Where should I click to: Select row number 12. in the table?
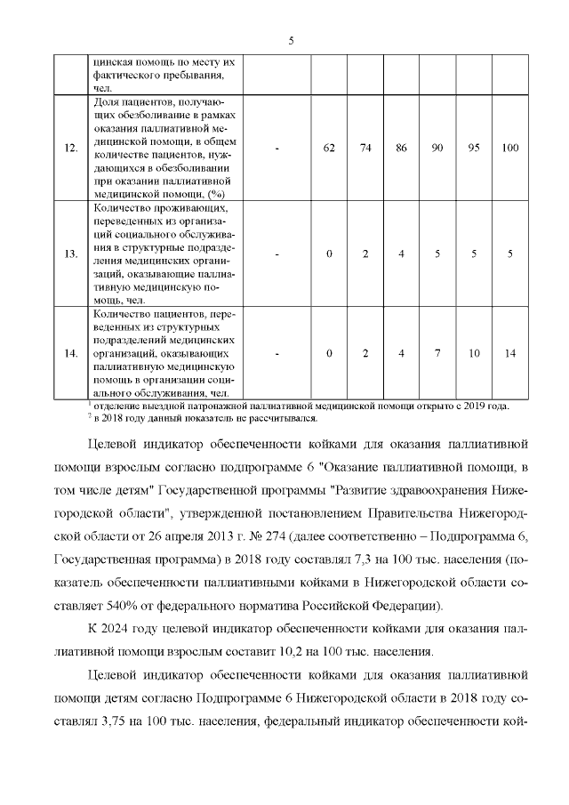71,148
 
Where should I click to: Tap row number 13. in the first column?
71,254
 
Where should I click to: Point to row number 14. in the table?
71,354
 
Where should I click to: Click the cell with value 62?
329,148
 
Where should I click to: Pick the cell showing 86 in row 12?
402,148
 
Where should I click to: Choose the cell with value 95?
474,148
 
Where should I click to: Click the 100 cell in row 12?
510,148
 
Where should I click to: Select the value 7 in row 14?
437,354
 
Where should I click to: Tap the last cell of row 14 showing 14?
510,354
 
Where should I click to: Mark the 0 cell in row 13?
329,254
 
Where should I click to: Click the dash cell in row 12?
277,148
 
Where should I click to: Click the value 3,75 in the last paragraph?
108,721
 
